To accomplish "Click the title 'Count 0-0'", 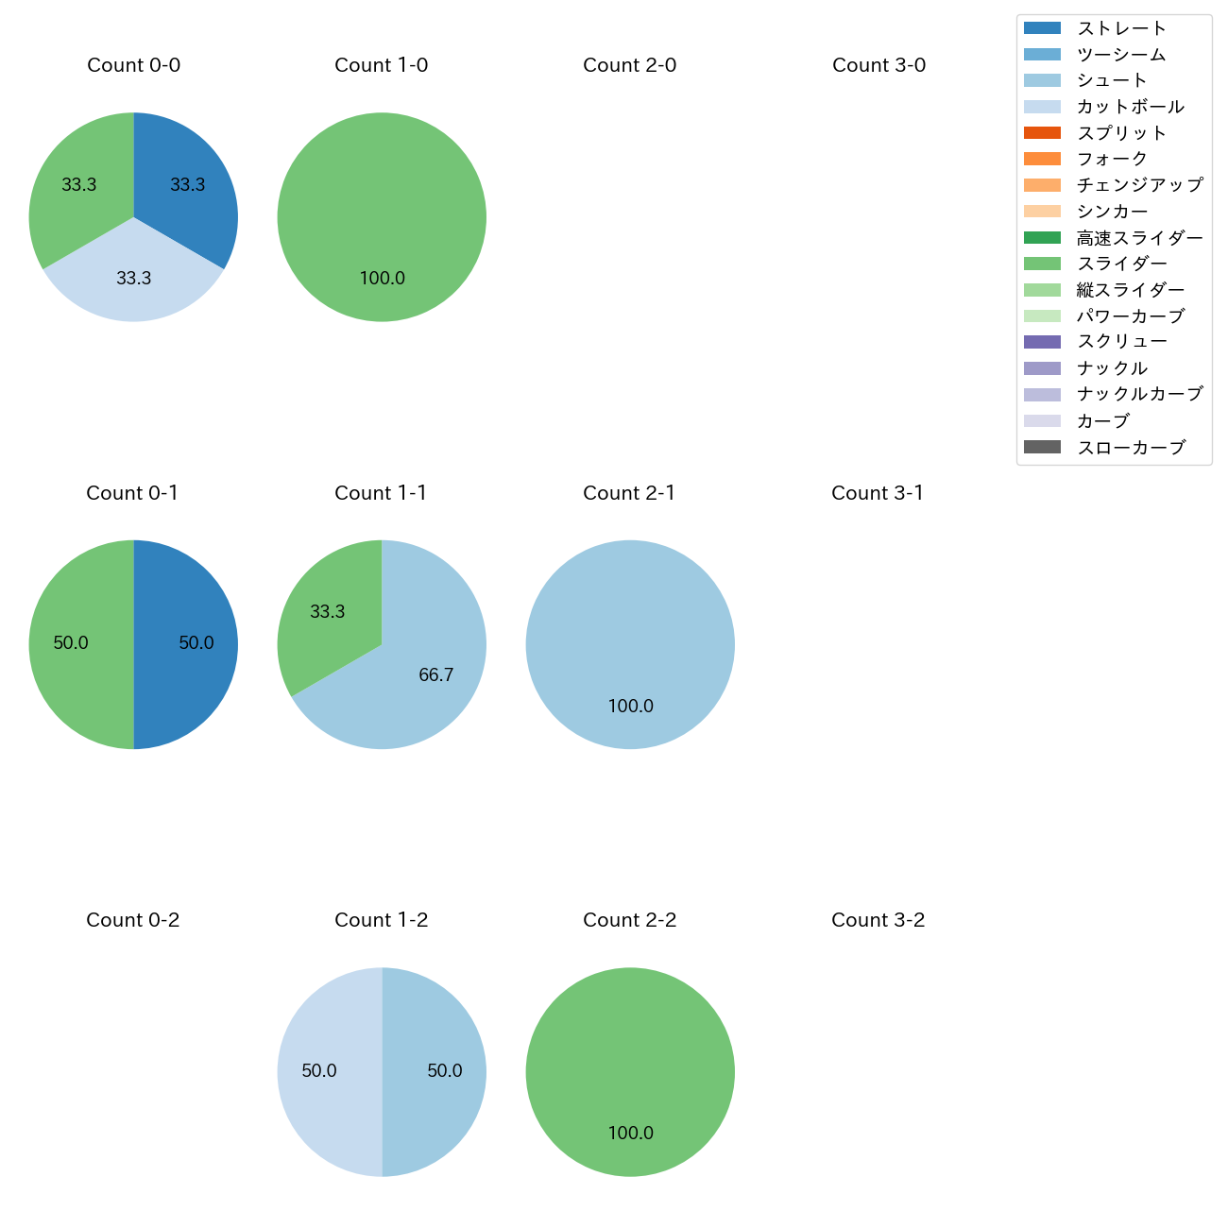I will pyautogui.click(x=133, y=65).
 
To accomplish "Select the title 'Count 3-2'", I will pyautogui.click(x=878, y=920).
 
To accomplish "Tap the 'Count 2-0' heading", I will pyautogui.click(x=629, y=65).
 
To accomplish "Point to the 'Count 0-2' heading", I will pyautogui.click(x=132, y=920).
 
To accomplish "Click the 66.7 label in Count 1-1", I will pyautogui.click(x=435, y=674).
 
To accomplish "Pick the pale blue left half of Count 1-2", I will pyautogui.click(x=326, y=1071).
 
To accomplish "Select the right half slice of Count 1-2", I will pyautogui.click(x=439, y=1071).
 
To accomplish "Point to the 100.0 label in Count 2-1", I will pyautogui.click(x=630, y=706).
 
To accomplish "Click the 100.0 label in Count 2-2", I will pyautogui.click(x=630, y=1133).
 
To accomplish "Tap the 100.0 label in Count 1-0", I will pyautogui.click(x=382, y=278).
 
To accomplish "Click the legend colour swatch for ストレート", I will pyautogui.click(x=1042, y=28).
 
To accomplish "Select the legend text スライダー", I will pyautogui.click(x=1121, y=264).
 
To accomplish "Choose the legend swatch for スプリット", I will pyautogui.click(x=1042, y=133).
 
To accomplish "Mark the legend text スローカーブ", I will pyautogui.click(x=1130, y=447).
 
